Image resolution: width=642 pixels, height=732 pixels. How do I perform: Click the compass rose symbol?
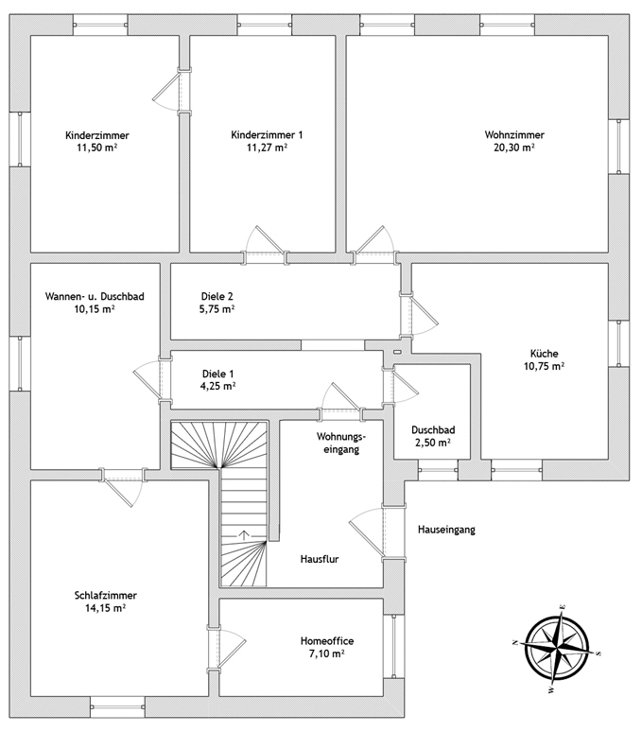click(x=557, y=648)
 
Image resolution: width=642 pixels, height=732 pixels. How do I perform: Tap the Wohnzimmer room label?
click(x=514, y=135)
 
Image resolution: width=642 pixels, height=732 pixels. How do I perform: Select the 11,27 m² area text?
click(x=267, y=148)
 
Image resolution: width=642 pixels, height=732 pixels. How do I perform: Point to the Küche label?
click(x=544, y=354)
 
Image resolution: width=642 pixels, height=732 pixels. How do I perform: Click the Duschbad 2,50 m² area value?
click(x=432, y=442)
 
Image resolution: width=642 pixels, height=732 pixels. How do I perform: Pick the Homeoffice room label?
click(x=326, y=641)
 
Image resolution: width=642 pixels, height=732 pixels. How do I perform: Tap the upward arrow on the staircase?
click(x=244, y=535)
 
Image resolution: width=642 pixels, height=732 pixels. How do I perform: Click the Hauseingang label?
click(x=446, y=530)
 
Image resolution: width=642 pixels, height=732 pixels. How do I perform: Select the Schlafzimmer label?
click(x=106, y=596)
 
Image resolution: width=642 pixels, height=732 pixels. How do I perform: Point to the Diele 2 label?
click(x=217, y=296)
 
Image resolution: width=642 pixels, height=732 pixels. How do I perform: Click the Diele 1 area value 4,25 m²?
click(x=217, y=386)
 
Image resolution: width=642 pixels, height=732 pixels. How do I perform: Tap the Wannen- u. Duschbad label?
click(x=95, y=296)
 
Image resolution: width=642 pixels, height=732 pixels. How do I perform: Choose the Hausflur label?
click(x=320, y=559)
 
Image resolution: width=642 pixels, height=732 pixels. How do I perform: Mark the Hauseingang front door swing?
click(x=367, y=532)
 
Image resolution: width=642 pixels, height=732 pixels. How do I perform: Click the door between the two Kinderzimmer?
click(x=168, y=91)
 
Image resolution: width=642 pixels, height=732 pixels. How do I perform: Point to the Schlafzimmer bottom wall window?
click(x=117, y=706)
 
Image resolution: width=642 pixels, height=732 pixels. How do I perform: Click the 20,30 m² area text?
click(x=514, y=148)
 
